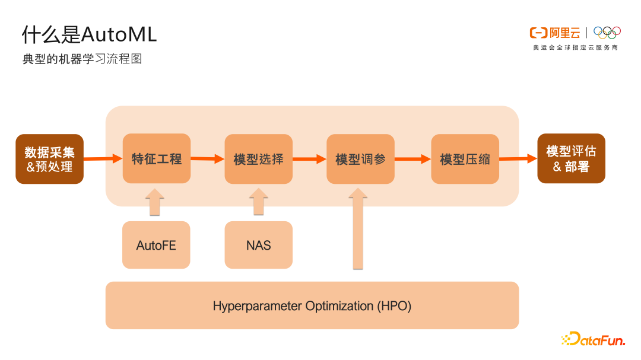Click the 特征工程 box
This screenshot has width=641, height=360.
[x=157, y=158]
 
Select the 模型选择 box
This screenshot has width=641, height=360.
[x=258, y=159]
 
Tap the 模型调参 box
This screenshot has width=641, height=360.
[x=360, y=159]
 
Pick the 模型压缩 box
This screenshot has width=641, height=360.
[x=465, y=159]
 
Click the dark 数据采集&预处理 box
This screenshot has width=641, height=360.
[x=49, y=159]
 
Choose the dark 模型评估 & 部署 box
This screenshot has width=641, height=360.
[x=571, y=158]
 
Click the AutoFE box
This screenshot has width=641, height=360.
[x=156, y=245]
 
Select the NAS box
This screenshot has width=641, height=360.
[x=258, y=245]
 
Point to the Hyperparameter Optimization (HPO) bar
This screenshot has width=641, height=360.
[x=312, y=306]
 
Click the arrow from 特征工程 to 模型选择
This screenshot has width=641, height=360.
[x=208, y=159]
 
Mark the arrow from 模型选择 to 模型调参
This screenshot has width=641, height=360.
[x=310, y=159]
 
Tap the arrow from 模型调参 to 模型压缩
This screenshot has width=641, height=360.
[x=412, y=159]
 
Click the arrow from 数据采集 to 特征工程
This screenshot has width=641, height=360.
[x=103, y=158]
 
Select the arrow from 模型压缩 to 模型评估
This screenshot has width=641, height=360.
[x=518, y=158]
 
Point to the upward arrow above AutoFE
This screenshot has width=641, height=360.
[x=154, y=202]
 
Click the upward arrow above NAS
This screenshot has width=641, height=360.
[x=258, y=202]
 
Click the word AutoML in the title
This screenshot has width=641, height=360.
[x=119, y=35]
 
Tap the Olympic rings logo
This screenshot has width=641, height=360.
[x=607, y=33]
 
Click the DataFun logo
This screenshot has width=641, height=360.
[x=593, y=339]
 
